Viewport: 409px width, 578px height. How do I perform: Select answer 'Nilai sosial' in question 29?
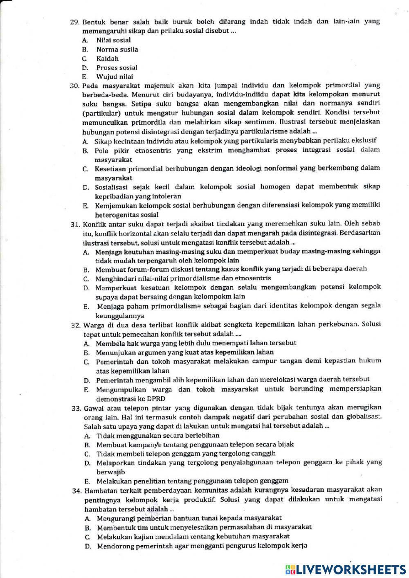click(x=113, y=40)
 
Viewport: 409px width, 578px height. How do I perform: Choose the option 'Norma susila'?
click(x=117, y=49)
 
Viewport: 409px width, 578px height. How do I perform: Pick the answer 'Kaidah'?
click(x=107, y=58)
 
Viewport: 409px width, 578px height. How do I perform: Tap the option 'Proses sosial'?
click(x=117, y=67)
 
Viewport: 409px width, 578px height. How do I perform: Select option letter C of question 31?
click(x=86, y=279)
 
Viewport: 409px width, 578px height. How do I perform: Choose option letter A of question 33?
click(x=86, y=436)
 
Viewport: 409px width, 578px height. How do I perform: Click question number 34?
click(x=76, y=490)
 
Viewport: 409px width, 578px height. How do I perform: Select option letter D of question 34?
click(x=88, y=546)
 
